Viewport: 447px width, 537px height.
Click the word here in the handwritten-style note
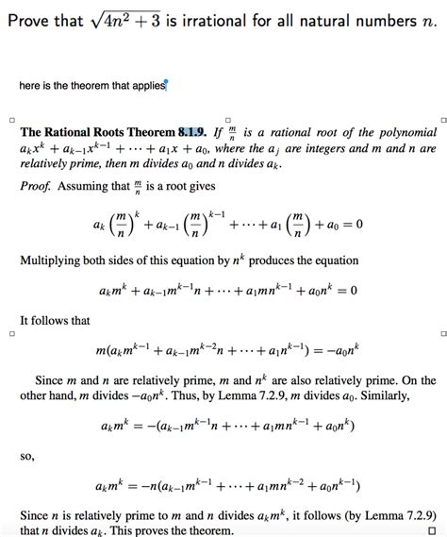coord(30,87)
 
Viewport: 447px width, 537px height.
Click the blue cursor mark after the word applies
coord(166,84)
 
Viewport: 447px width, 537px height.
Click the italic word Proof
coord(35,186)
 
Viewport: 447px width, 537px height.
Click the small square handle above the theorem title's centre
coord(226,119)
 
